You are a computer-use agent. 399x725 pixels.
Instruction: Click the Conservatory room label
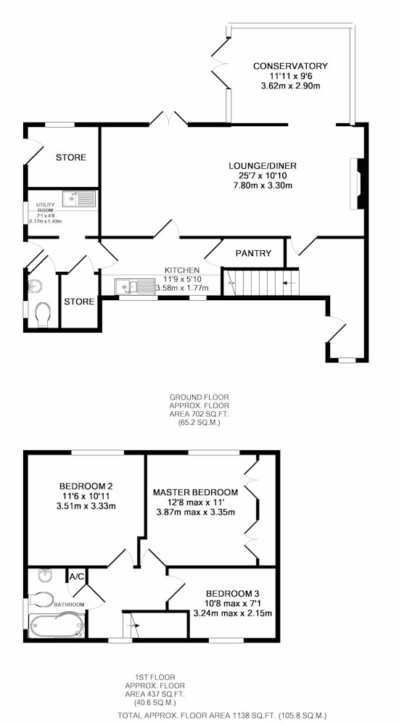click(x=290, y=66)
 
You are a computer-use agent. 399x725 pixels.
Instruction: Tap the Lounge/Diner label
click(x=263, y=166)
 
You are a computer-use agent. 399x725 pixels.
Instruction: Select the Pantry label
click(x=253, y=253)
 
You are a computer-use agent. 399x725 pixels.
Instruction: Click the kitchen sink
click(x=135, y=286)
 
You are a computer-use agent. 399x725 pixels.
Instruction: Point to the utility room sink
click(x=79, y=199)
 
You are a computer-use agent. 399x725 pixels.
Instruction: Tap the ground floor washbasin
click(x=35, y=286)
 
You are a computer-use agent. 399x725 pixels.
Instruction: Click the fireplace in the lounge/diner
click(x=358, y=184)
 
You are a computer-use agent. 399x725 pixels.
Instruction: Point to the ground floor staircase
click(x=261, y=282)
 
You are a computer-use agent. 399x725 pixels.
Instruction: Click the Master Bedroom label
click(x=196, y=492)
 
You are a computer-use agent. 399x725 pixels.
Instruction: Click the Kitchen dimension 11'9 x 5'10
click(x=182, y=279)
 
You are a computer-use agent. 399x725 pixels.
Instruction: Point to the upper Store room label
click(x=71, y=157)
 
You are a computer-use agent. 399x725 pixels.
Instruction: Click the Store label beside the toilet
click(x=79, y=302)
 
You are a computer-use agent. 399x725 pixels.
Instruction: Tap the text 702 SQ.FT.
click(x=205, y=414)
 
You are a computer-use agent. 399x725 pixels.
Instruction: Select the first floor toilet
click(x=41, y=599)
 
